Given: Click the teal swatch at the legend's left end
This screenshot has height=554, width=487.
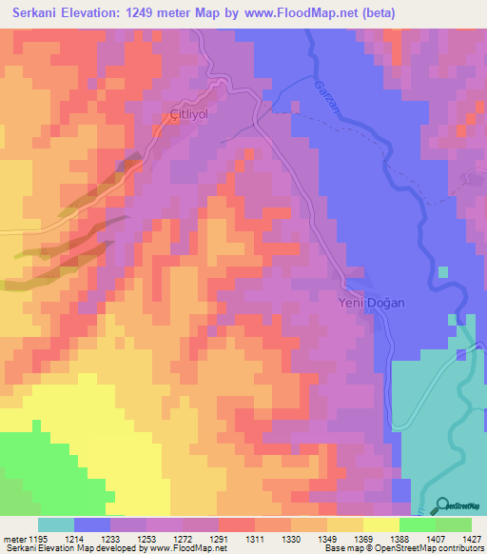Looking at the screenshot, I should click(55, 524).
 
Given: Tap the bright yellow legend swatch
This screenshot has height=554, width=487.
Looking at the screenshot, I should click(380, 524).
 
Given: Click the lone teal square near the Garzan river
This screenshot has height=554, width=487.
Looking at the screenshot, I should click(442, 272).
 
